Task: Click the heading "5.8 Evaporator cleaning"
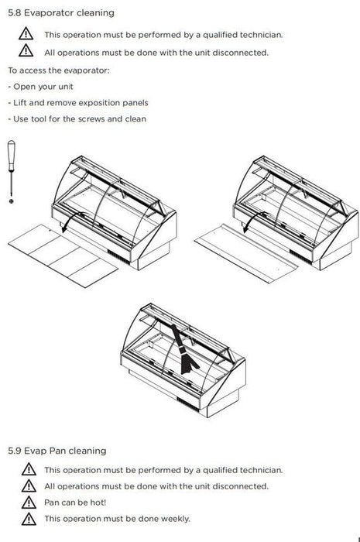(61, 13)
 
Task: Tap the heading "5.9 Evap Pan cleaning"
(57, 451)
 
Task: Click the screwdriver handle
(12, 156)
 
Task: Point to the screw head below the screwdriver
(12, 201)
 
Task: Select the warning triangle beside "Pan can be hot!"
(29, 503)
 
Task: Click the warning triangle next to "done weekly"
(29, 519)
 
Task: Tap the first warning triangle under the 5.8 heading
(26, 34)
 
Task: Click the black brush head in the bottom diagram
(188, 364)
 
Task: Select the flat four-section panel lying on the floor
(63, 256)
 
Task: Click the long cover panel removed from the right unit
(245, 253)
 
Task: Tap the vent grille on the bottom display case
(187, 404)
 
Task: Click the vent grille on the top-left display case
(118, 256)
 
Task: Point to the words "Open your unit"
(43, 87)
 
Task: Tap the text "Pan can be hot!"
(75, 503)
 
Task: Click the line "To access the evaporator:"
(59, 70)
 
